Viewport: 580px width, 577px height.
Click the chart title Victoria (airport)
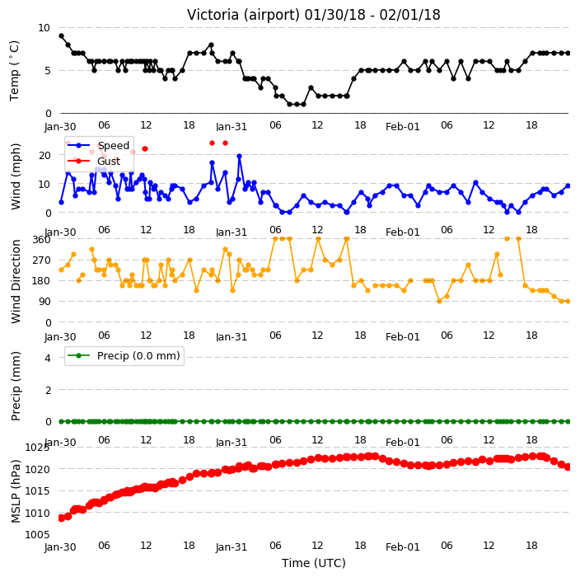(243, 15)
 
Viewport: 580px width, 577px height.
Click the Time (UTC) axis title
(314, 563)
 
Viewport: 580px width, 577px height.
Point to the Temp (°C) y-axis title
(15, 71)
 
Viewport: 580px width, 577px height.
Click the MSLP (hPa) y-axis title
(16, 491)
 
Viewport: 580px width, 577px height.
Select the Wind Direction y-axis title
(16, 281)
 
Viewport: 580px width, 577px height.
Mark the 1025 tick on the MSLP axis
(36, 448)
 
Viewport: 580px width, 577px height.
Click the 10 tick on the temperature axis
(44, 28)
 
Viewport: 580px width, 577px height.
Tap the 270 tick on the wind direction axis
(41, 260)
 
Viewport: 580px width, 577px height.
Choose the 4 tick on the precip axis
(48, 358)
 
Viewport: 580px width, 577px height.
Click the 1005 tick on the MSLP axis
(36, 534)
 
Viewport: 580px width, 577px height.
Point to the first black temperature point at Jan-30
(62, 36)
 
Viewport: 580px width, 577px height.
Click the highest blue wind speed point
(239, 156)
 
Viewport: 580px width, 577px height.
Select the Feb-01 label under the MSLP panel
(402, 547)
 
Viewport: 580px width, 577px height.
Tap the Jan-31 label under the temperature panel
(232, 127)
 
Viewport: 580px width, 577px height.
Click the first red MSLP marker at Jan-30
(62, 518)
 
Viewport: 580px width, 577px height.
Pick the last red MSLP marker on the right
(568, 467)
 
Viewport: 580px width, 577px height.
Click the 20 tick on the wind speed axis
(44, 156)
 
